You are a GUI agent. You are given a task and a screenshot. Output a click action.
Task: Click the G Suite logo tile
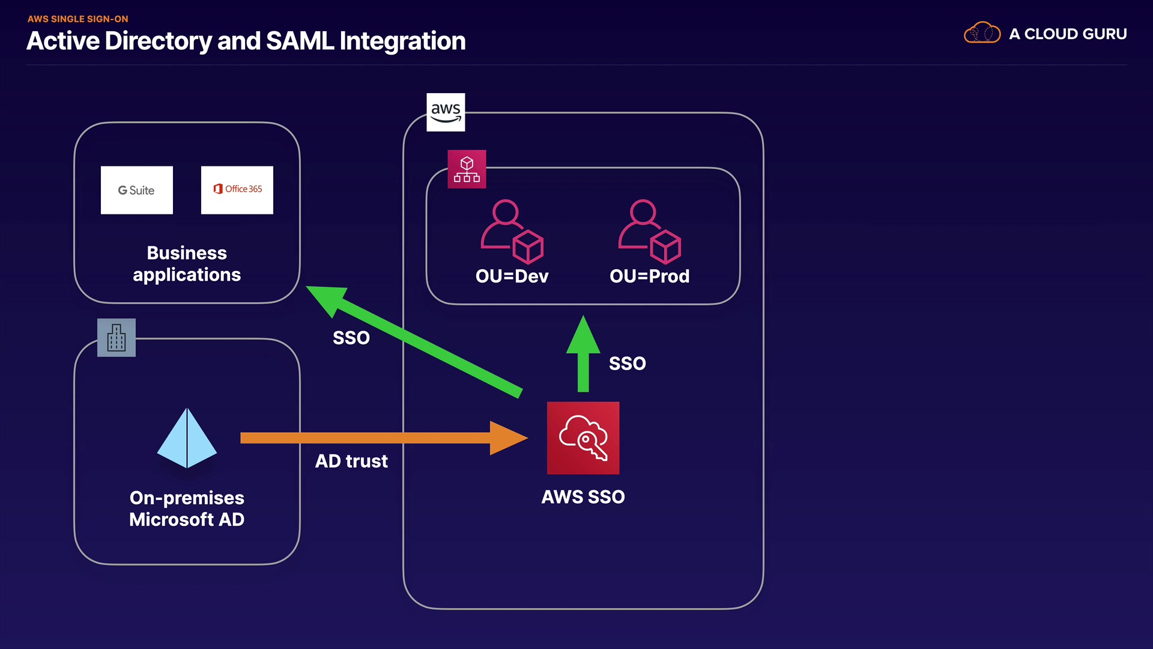[x=137, y=190]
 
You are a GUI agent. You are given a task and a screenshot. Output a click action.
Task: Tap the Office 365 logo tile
[x=237, y=190]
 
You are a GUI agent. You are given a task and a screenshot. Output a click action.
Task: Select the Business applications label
[x=187, y=264]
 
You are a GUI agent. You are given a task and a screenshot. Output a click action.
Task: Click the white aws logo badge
[x=446, y=112]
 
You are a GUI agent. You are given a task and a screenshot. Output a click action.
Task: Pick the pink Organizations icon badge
[x=467, y=169]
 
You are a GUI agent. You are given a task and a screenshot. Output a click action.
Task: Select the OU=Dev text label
[x=512, y=276]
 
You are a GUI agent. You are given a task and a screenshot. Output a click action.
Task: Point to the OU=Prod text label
[x=649, y=276]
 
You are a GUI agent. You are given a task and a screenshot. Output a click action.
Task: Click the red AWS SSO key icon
[x=583, y=438]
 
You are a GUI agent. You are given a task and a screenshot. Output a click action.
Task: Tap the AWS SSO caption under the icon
[x=583, y=497]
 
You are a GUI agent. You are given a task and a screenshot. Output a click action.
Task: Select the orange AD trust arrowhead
[x=507, y=438]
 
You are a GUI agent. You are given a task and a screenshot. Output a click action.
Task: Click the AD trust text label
[x=351, y=461]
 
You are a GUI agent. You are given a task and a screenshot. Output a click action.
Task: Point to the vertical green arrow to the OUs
[x=583, y=355]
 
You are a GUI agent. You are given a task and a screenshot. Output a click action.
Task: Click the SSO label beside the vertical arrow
[x=628, y=364]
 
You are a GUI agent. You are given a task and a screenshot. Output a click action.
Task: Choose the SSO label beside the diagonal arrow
[x=351, y=338]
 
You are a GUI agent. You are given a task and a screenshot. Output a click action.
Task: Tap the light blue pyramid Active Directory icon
[x=187, y=438]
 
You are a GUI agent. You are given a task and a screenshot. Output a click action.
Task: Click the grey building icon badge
[x=117, y=338]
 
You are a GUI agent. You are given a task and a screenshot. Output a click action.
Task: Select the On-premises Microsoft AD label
[x=187, y=509]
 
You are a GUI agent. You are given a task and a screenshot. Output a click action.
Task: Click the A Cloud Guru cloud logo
[x=982, y=33]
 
